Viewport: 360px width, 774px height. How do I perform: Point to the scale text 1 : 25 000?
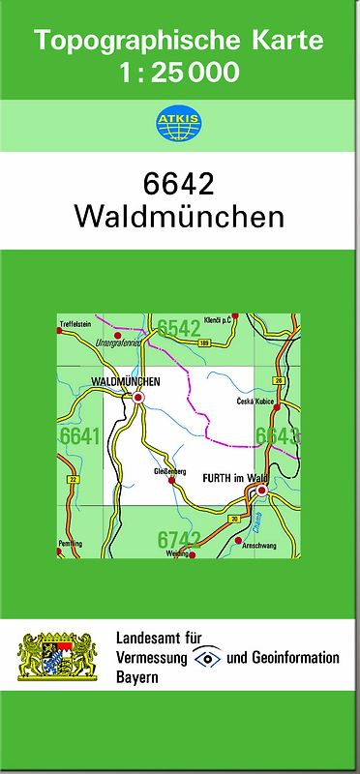(179, 72)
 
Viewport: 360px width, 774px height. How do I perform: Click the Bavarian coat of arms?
(58, 657)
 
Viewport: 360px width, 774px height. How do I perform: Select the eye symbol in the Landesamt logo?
(206, 658)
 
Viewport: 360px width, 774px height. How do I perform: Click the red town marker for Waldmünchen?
(138, 397)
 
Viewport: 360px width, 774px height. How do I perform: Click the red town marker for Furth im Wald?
(259, 492)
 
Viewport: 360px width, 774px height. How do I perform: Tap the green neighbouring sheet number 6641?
(79, 436)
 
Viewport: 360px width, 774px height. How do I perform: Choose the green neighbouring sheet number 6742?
(179, 539)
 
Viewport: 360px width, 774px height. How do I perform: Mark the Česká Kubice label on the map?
(256, 402)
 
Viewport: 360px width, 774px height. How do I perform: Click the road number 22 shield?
(73, 479)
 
